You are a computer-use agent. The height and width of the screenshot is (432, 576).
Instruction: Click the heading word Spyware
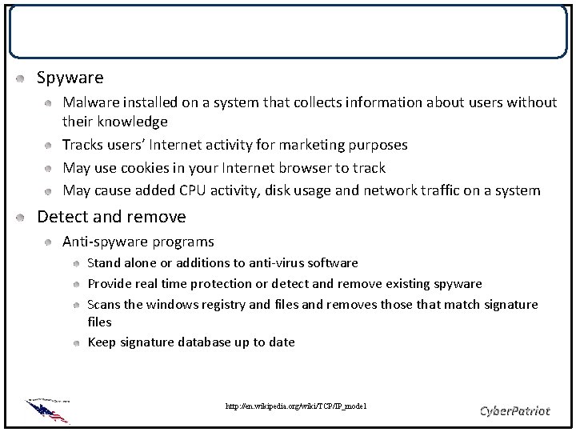point(70,78)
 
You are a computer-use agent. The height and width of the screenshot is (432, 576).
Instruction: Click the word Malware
point(90,102)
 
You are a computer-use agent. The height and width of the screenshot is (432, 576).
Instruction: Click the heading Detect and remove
point(111,217)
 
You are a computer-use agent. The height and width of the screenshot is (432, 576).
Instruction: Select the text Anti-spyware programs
point(138,241)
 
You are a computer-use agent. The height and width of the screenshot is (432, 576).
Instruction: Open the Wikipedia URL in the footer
point(296,407)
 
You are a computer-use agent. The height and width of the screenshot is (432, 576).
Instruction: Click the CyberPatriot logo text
point(514,410)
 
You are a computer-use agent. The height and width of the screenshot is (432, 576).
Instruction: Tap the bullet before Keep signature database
point(75,342)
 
